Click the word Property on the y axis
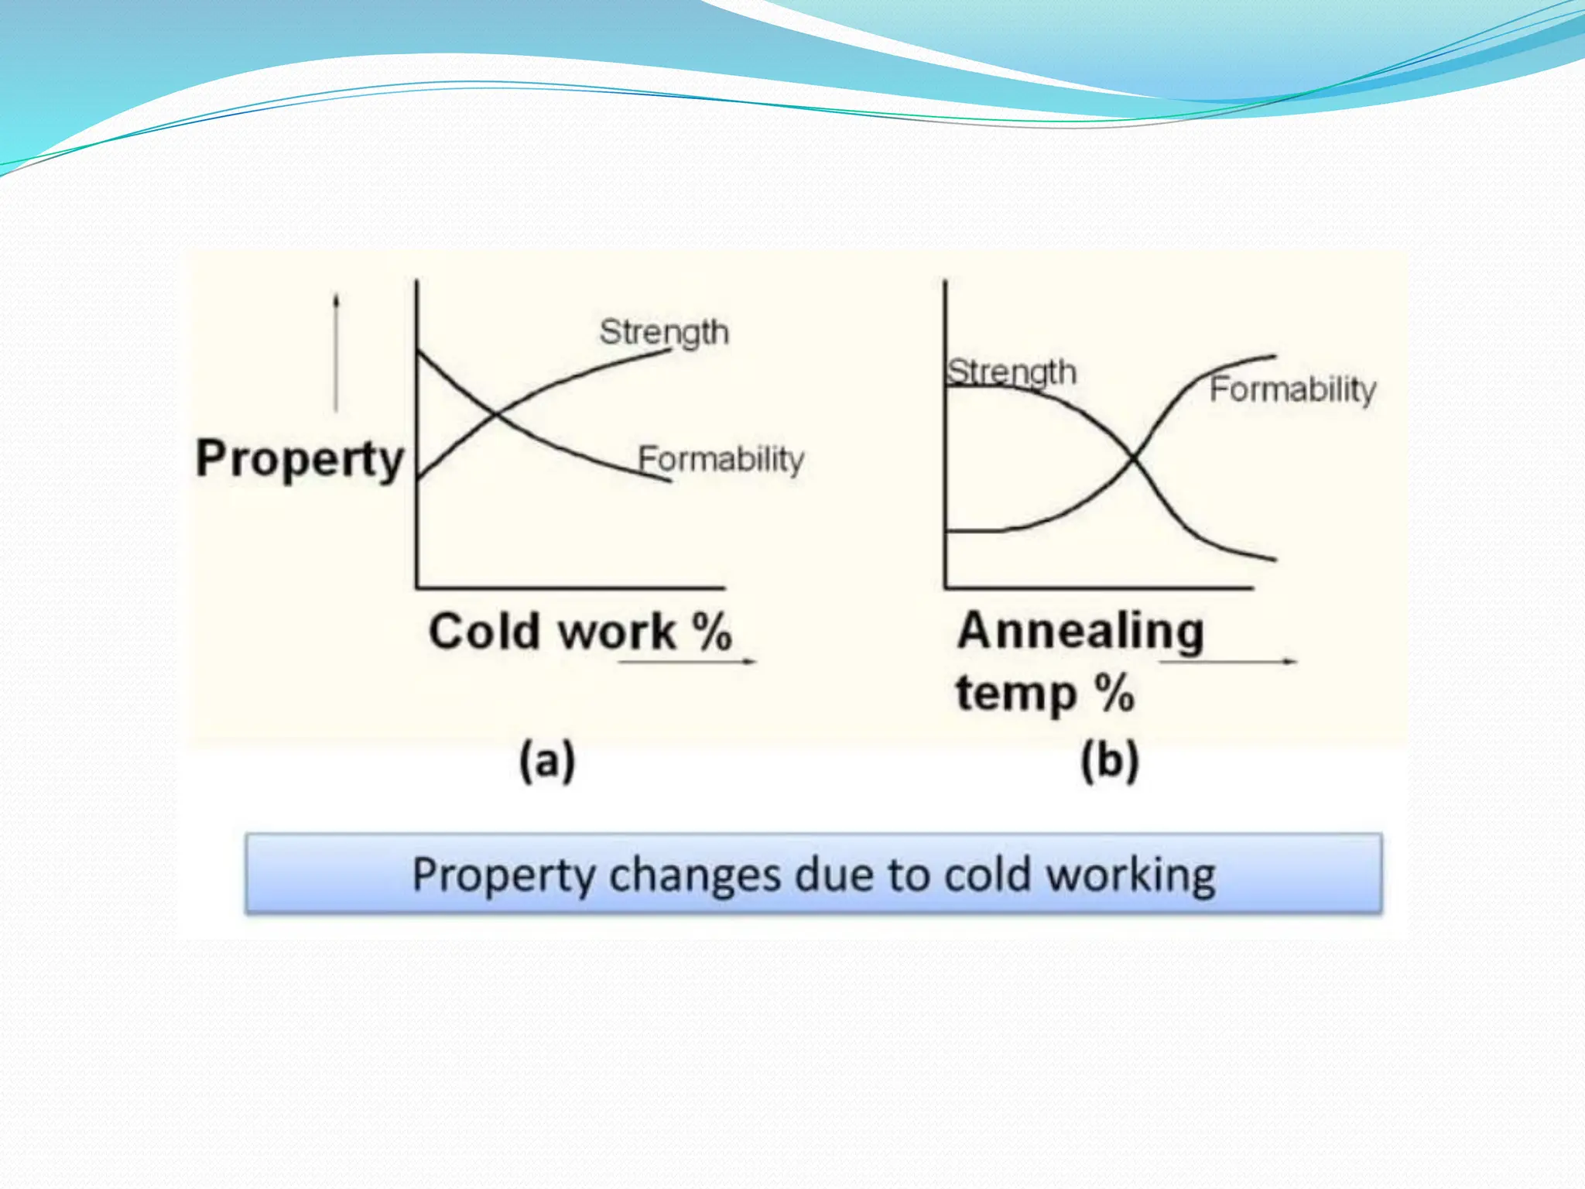click(300, 459)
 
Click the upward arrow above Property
click(336, 352)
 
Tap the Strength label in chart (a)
click(664, 333)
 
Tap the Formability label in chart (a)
click(721, 460)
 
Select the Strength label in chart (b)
click(1012, 372)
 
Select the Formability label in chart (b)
click(1293, 389)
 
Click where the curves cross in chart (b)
click(1134, 460)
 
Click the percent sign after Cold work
click(712, 632)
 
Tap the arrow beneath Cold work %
click(687, 661)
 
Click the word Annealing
click(1080, 632)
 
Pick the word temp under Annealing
click(1016, 694)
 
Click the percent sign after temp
click(1114, 694)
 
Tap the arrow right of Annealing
click(1228, 661)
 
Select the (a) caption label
click(547, 761)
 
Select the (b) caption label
click(1110, 761)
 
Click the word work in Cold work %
click(618, 632)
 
